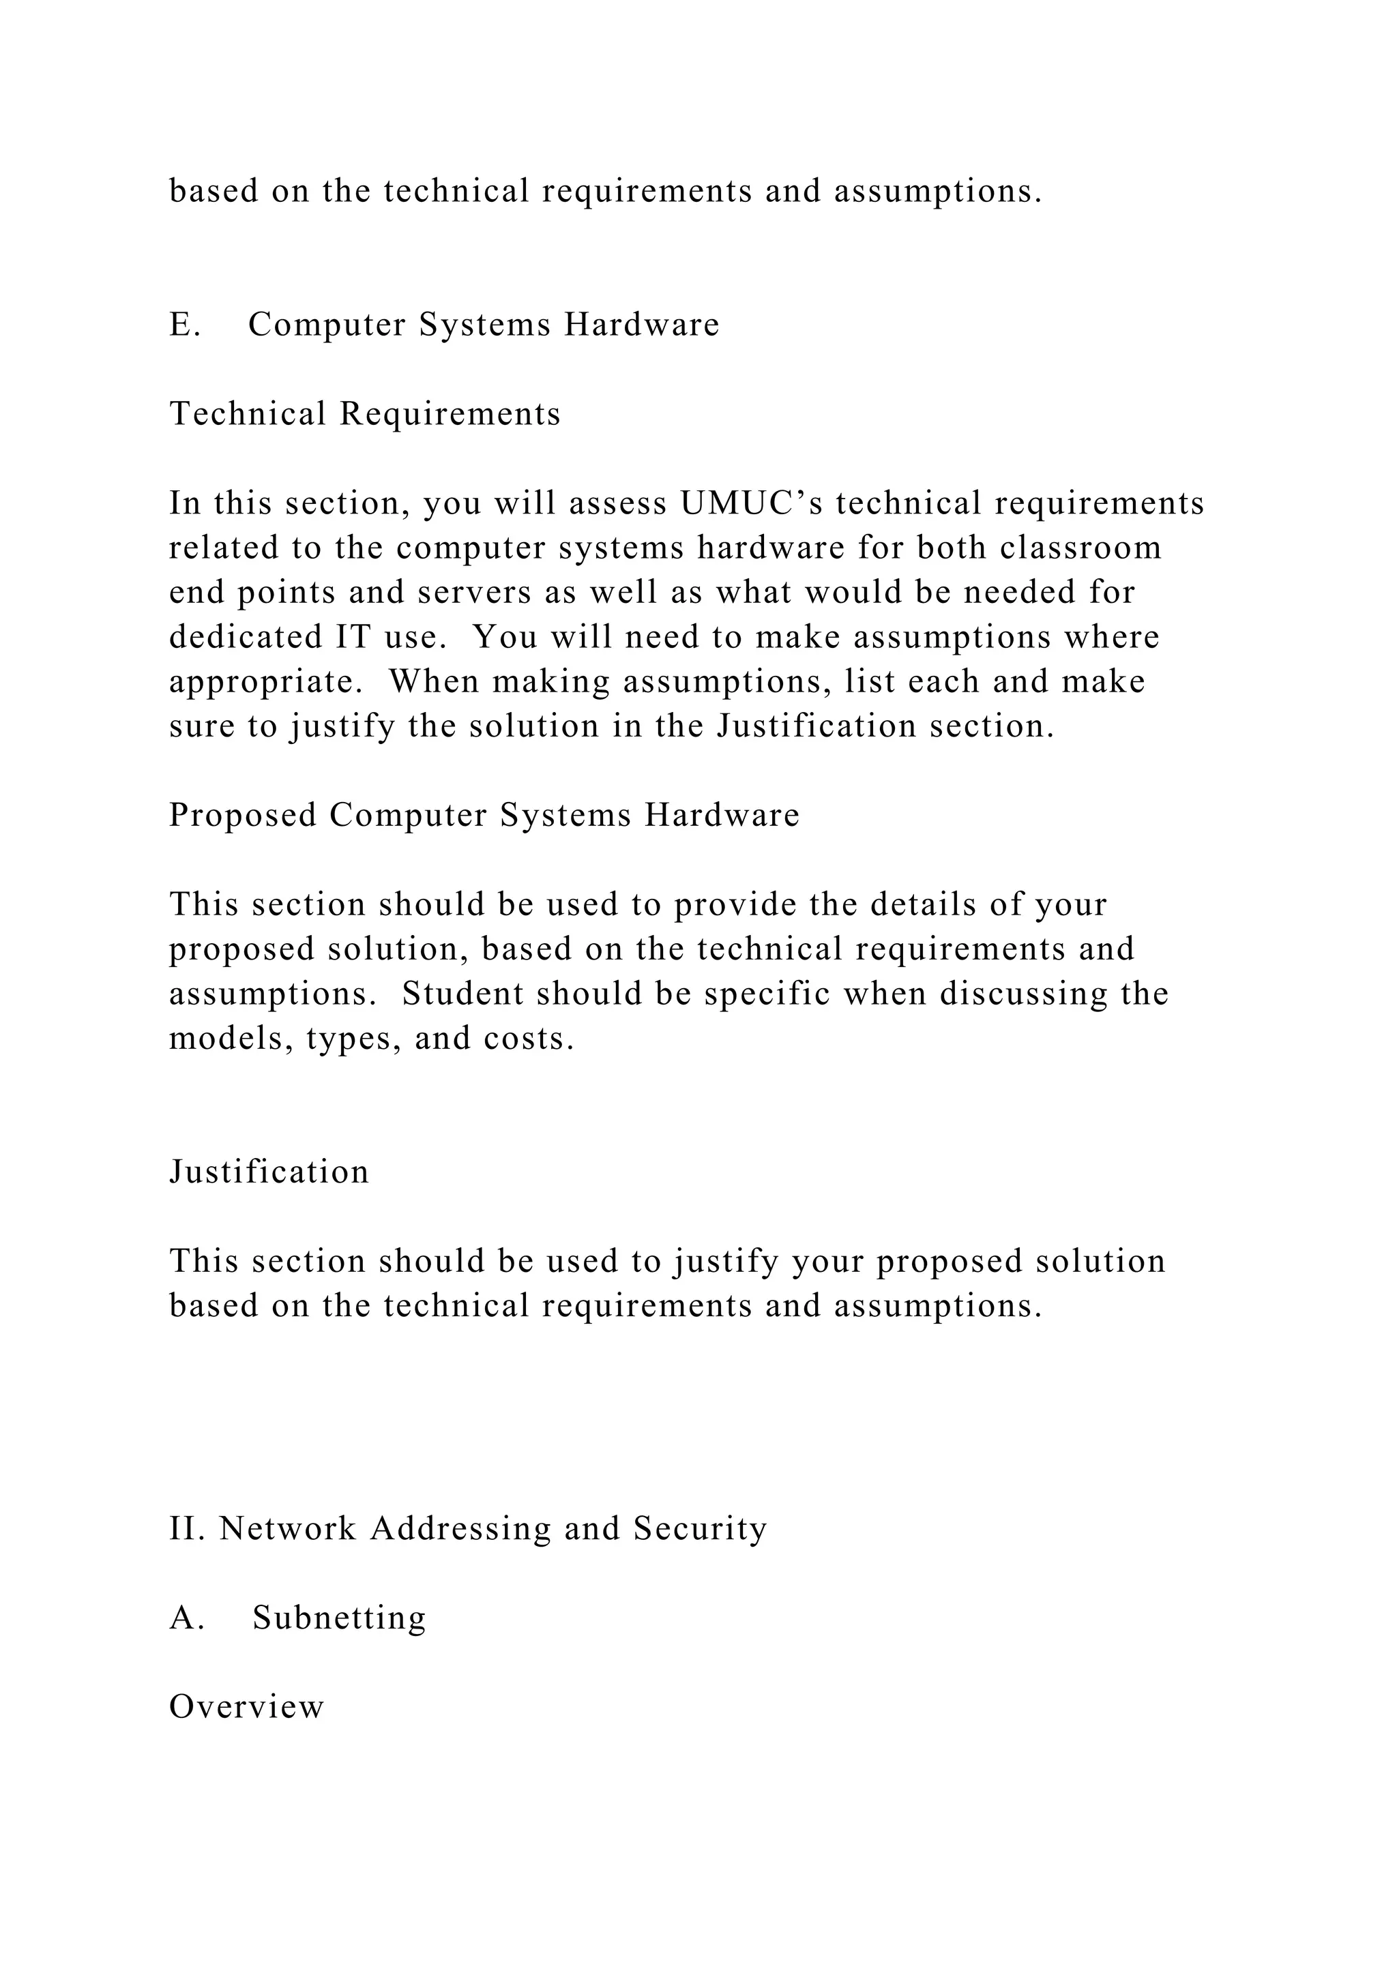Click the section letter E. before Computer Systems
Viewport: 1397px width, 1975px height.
(x=185, y=325)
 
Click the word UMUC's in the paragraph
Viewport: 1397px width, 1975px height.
(x=751, y=503)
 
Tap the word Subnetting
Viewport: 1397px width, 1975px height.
(x=339, y=1618)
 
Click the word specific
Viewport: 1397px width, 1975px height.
(x=767, y=994)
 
